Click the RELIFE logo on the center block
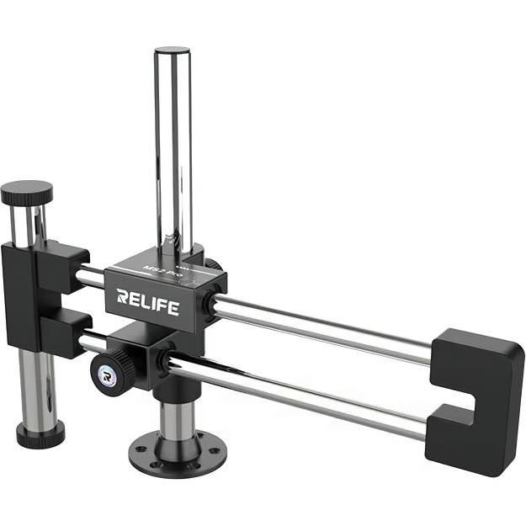pyautogui.click(x=147, y=301)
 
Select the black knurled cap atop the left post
pyautogui.click(x=26, y=194)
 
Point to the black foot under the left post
pyautogui.click(x=40, y=434)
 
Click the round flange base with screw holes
pyautogui.click(x=176, y=454)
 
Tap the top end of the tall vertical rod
pyautogui.click(x=173, y=52)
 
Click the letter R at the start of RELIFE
pyautogui.click(x=123, y=296)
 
